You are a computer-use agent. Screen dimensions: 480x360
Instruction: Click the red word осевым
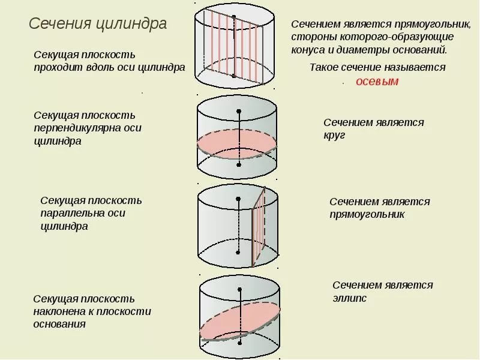377,82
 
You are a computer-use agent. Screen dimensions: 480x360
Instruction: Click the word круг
334,136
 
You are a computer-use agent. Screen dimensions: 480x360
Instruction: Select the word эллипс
349,298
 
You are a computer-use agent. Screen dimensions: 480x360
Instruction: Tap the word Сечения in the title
60,23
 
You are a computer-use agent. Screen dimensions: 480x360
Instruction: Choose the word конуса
308,50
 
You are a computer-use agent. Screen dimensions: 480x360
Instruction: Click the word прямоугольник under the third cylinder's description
367,215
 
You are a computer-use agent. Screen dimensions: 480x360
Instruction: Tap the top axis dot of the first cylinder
234,17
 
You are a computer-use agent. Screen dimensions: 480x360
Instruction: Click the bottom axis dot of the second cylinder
239,165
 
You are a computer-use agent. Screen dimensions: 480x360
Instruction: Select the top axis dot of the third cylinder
238,199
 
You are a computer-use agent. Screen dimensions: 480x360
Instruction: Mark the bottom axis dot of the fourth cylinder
239,343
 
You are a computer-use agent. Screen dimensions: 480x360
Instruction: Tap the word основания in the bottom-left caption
59,324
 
